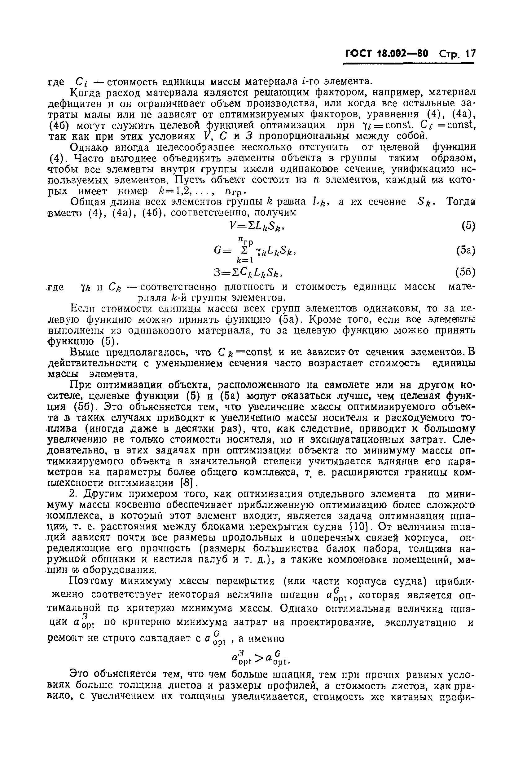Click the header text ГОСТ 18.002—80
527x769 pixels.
coord(386,54)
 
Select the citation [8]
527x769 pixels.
coord(187,484)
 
